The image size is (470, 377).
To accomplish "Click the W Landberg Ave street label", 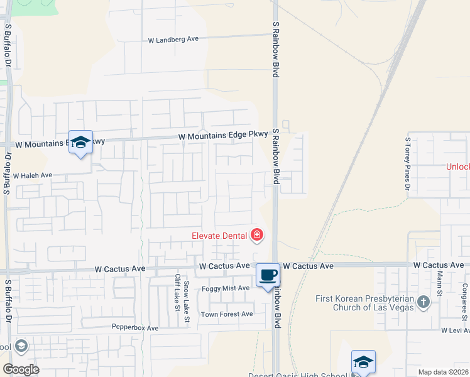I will (x=173, y=39).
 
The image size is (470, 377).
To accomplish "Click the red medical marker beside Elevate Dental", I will (x=256, y=236).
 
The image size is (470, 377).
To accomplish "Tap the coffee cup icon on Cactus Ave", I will (x=268, y=275).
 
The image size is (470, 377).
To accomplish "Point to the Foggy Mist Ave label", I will (x=226, y=288).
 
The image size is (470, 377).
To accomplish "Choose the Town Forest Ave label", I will (x=226, y=314).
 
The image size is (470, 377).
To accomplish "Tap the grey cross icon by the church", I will (x=424, y=302).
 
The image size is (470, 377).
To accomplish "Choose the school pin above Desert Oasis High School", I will (x=363, y=361).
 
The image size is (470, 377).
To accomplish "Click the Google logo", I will (x=21, y=369).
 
